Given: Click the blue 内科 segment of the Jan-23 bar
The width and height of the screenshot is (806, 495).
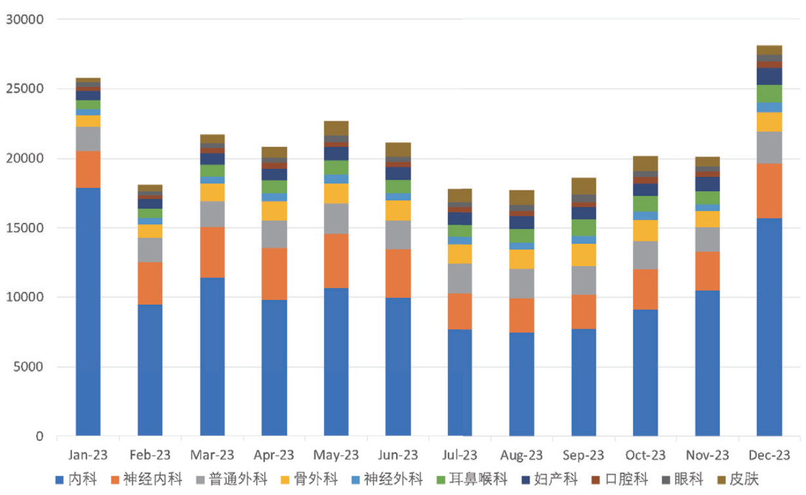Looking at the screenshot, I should tap(88, 311).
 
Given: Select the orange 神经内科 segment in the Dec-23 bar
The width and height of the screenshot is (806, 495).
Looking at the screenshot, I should tap(769, 191).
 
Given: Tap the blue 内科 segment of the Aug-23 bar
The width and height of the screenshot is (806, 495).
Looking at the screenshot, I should tap(521, 384).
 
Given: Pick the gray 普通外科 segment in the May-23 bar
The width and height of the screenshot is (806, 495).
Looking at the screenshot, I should tap(336, 218).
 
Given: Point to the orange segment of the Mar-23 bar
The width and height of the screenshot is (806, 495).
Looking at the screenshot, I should tap(212, 252).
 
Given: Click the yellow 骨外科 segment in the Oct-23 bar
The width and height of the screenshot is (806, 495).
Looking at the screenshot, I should tap(645, 231).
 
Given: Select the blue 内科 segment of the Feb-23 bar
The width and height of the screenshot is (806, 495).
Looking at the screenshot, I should tap(150, 370).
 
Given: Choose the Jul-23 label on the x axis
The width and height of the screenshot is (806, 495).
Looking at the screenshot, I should tap(460, 455).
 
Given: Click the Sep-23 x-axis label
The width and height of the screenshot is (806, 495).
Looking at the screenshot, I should tap(584, 455).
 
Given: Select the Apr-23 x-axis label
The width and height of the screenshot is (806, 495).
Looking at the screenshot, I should tap(274, 455).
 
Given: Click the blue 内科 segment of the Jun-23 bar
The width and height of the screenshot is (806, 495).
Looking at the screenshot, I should tap(397, 366).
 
